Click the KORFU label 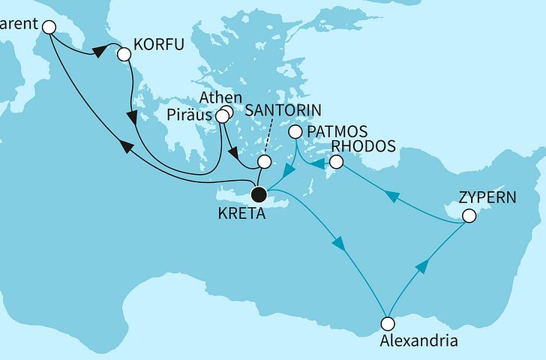(x=158, y=54)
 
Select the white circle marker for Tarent (x=49, y=27)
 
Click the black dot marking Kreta (x=259, y=196)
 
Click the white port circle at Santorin (x=263, y=162)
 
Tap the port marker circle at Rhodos (x=337, y=162)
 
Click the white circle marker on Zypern (x=469, y=217)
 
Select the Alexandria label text (x=419, y=341)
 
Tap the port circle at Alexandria (x=387, y=324)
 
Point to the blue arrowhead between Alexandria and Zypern (x=423, y=266)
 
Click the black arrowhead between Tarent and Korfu (x=97, y=52)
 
